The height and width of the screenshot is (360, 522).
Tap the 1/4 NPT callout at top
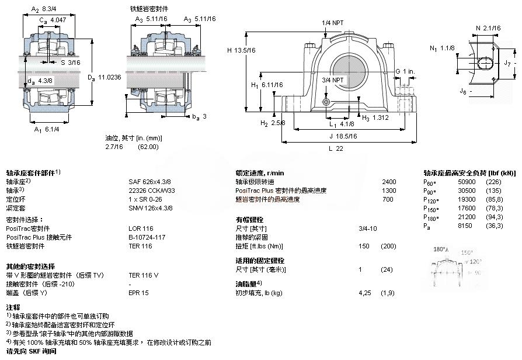333,23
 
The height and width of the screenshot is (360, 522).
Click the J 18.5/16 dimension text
343,136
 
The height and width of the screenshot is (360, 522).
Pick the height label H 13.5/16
242,50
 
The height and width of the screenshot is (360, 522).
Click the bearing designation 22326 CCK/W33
151,190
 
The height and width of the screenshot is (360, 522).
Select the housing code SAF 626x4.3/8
149,182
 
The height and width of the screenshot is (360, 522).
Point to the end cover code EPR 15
138,292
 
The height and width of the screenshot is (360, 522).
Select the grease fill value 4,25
364,292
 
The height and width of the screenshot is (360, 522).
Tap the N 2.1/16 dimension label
488,28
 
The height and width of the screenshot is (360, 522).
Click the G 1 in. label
405,71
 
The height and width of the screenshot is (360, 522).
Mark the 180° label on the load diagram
441,249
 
